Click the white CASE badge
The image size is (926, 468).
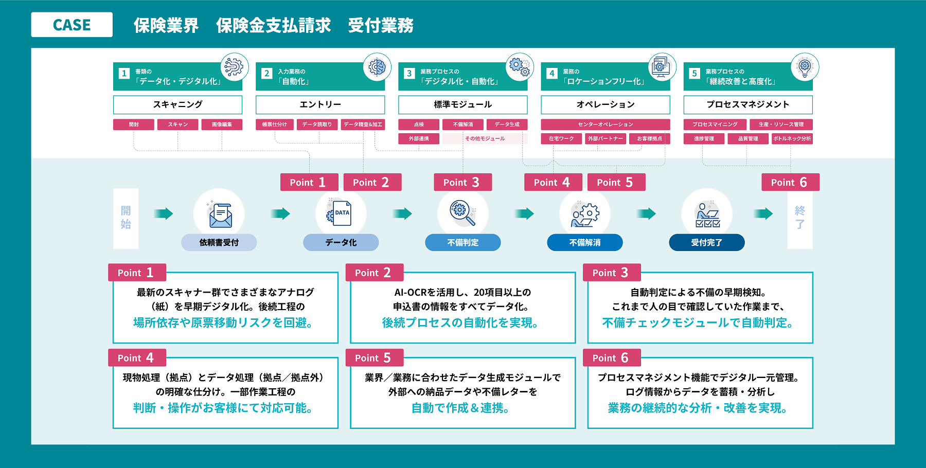tap(72, 25)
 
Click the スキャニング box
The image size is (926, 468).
tap(177, 104)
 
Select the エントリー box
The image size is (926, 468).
tap(320, 104)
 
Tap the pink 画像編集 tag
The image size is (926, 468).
tap(222, 124)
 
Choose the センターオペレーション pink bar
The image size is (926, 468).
tap(605, 124)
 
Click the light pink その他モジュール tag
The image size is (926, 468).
tap(485, 138)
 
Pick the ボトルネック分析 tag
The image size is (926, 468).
tap(792, 138)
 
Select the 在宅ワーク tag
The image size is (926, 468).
tap(561, 138)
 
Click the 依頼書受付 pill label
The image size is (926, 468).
tap(219, 242)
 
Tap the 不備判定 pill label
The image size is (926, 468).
tap(462, 242)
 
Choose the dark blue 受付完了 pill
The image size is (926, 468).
tap(706, 242)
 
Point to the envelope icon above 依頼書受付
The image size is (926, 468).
tap(220, 214)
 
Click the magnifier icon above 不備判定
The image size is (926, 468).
tap(462, 213)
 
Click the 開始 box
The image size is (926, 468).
tap(126, 218)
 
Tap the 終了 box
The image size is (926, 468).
tap(799, 218)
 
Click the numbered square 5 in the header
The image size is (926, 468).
tap(694, 74)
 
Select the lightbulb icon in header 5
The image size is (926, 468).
tap(805, 67)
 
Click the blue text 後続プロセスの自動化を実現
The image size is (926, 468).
tap(460, 322)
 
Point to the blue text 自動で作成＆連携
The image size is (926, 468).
tap(460, 408)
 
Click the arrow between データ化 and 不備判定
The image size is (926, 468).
tap(402, 213)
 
